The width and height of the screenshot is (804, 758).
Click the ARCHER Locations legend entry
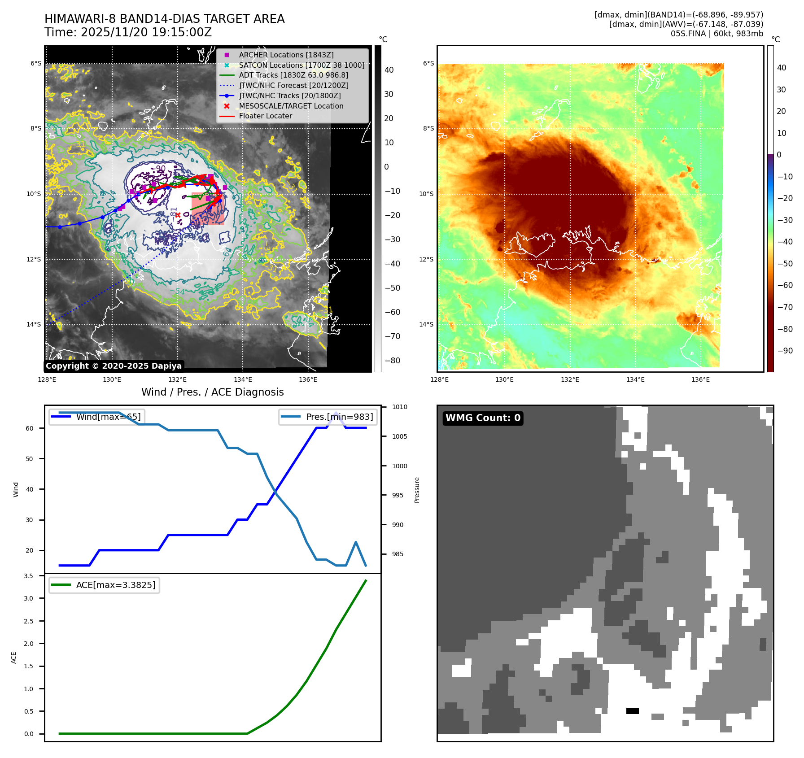tap(286, 55)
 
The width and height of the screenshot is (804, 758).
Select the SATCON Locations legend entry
tap(301, 65)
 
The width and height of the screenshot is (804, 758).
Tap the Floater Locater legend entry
tap(265, 116)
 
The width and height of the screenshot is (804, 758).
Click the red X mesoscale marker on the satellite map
tap(178, 215)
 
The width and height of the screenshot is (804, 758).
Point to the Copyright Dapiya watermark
tap(114, 366)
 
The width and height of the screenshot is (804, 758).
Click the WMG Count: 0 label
tap(483, 418)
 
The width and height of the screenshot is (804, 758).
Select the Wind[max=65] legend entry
tap(108, 417)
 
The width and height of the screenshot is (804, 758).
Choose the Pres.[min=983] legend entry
tap(339, 417)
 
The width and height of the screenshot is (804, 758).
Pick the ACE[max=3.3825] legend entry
tap(115, 585)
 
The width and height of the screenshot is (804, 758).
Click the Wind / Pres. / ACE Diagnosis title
tap(212, 392)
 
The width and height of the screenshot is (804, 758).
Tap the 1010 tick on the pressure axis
tap(399, 407)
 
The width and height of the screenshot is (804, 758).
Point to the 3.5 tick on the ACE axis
tap(28, 576)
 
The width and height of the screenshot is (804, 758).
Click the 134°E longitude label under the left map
tap(243, 380)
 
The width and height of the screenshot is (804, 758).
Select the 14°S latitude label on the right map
tap(426, 324)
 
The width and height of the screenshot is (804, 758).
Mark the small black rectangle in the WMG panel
tap(632, 711)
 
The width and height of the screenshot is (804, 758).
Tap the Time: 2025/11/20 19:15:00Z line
tap(128, 33)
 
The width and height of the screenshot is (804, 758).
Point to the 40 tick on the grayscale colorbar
tap(389, 70)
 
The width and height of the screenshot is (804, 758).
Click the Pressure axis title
tap(417, 490)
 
